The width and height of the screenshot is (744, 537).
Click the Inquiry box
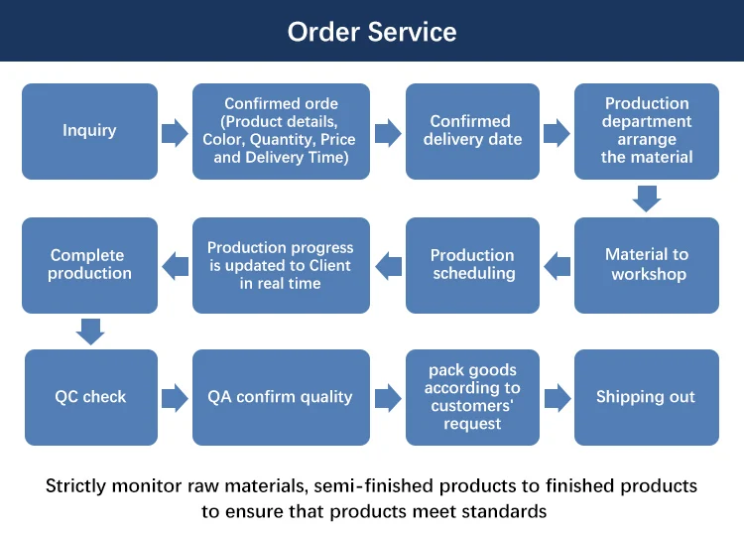(89, 131)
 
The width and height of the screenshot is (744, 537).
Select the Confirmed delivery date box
(472, 131)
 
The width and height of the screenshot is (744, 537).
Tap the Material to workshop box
(646, 265)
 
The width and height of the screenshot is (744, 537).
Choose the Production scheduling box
(472, 265)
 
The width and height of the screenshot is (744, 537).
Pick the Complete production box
(89, 265)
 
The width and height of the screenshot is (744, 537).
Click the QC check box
(91, 397)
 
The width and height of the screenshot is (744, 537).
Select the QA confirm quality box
(281, 397)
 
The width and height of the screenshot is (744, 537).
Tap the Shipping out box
(646, 397)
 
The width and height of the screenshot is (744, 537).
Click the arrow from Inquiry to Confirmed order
(175, 132)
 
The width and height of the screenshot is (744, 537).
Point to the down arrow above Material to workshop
(647, 199)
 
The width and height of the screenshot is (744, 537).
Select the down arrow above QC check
(90, 332)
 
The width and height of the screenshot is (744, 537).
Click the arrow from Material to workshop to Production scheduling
(558, 266)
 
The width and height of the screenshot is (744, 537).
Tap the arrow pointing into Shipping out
(558, 398)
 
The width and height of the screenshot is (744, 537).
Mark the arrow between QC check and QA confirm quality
(175, 398)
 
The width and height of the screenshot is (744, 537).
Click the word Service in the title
(412, 32)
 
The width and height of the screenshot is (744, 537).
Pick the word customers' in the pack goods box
(472, 406)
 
